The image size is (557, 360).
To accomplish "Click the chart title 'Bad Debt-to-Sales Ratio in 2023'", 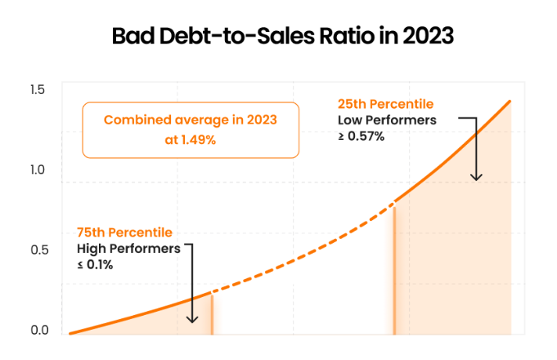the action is pos(283,36).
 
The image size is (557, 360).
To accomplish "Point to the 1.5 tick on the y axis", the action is pos(38,89).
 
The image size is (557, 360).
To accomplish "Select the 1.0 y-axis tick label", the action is pos(38,170).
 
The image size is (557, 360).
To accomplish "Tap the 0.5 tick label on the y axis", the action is pos(39,250).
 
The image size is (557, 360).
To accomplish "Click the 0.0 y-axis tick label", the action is pos(39,331).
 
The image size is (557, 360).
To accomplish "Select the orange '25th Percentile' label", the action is pos(385,104).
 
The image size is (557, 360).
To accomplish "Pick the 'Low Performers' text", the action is pos(387,120).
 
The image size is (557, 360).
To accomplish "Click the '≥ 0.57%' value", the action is pos(361,136).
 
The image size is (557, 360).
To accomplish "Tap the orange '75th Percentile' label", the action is pos(124,232).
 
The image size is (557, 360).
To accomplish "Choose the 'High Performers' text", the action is pos(128,249).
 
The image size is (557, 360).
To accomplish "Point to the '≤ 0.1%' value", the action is pos(95,265).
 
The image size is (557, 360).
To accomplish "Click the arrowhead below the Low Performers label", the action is pos(476,178).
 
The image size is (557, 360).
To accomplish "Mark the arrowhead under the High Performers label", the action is pos(192,319).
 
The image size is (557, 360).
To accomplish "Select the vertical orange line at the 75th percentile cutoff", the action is pos(212,314).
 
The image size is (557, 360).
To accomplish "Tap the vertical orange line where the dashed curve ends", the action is pos(394,271).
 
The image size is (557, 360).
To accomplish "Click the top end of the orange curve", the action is pos(510,101).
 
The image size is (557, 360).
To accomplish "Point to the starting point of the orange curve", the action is pos(70,333).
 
